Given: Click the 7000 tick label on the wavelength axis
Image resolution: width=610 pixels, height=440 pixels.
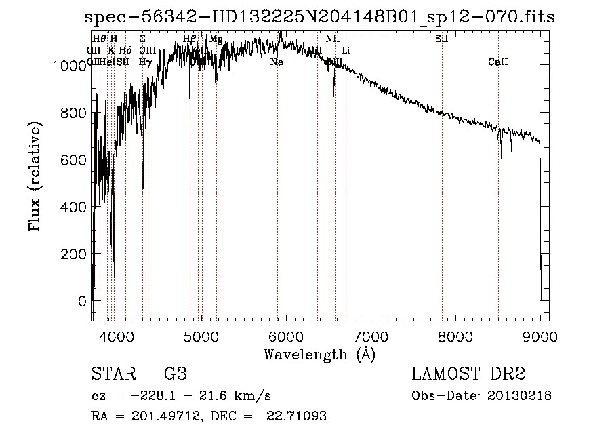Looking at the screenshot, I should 371,336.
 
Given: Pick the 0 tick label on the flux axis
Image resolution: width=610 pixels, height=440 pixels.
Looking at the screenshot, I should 82,300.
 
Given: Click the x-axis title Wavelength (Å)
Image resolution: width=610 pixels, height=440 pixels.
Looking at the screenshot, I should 319,354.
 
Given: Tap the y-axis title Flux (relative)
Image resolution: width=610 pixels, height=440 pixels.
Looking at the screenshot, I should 34,176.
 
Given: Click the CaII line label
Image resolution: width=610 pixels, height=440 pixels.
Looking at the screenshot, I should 497,62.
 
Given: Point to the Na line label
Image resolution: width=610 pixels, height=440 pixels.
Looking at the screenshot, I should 277,62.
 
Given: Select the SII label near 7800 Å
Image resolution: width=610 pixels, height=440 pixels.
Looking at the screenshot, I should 441,39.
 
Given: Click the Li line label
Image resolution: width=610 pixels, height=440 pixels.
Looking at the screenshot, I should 346,50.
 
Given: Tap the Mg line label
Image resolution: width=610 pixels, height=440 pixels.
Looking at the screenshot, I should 216,39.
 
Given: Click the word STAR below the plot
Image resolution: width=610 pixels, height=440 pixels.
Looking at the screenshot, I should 112,374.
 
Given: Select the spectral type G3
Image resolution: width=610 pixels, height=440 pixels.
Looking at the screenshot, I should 176,374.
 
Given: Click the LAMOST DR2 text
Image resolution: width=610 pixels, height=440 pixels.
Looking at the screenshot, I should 468,374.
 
